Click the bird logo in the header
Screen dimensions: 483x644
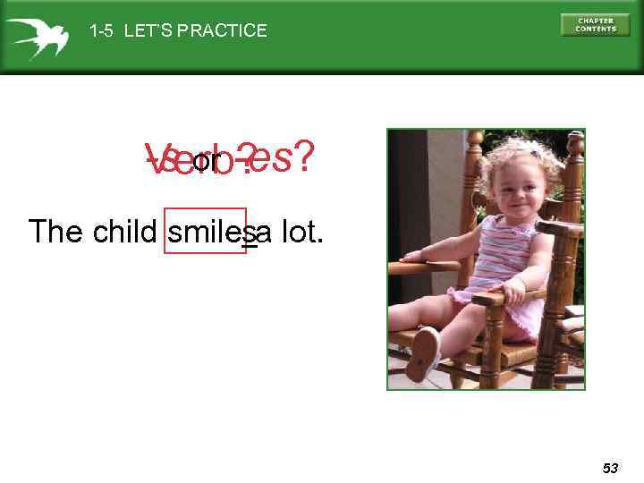35,37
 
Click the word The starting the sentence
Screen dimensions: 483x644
57,232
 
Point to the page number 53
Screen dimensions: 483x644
610,468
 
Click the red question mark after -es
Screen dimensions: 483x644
304,158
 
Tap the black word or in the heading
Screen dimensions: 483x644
206,162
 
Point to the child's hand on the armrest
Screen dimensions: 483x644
511,291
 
